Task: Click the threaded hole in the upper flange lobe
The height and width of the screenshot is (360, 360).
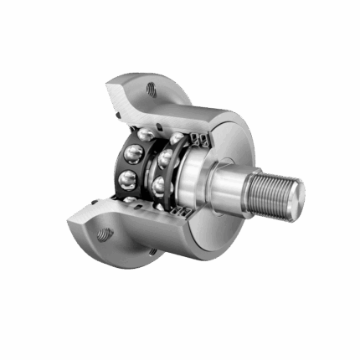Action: point(152,86)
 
